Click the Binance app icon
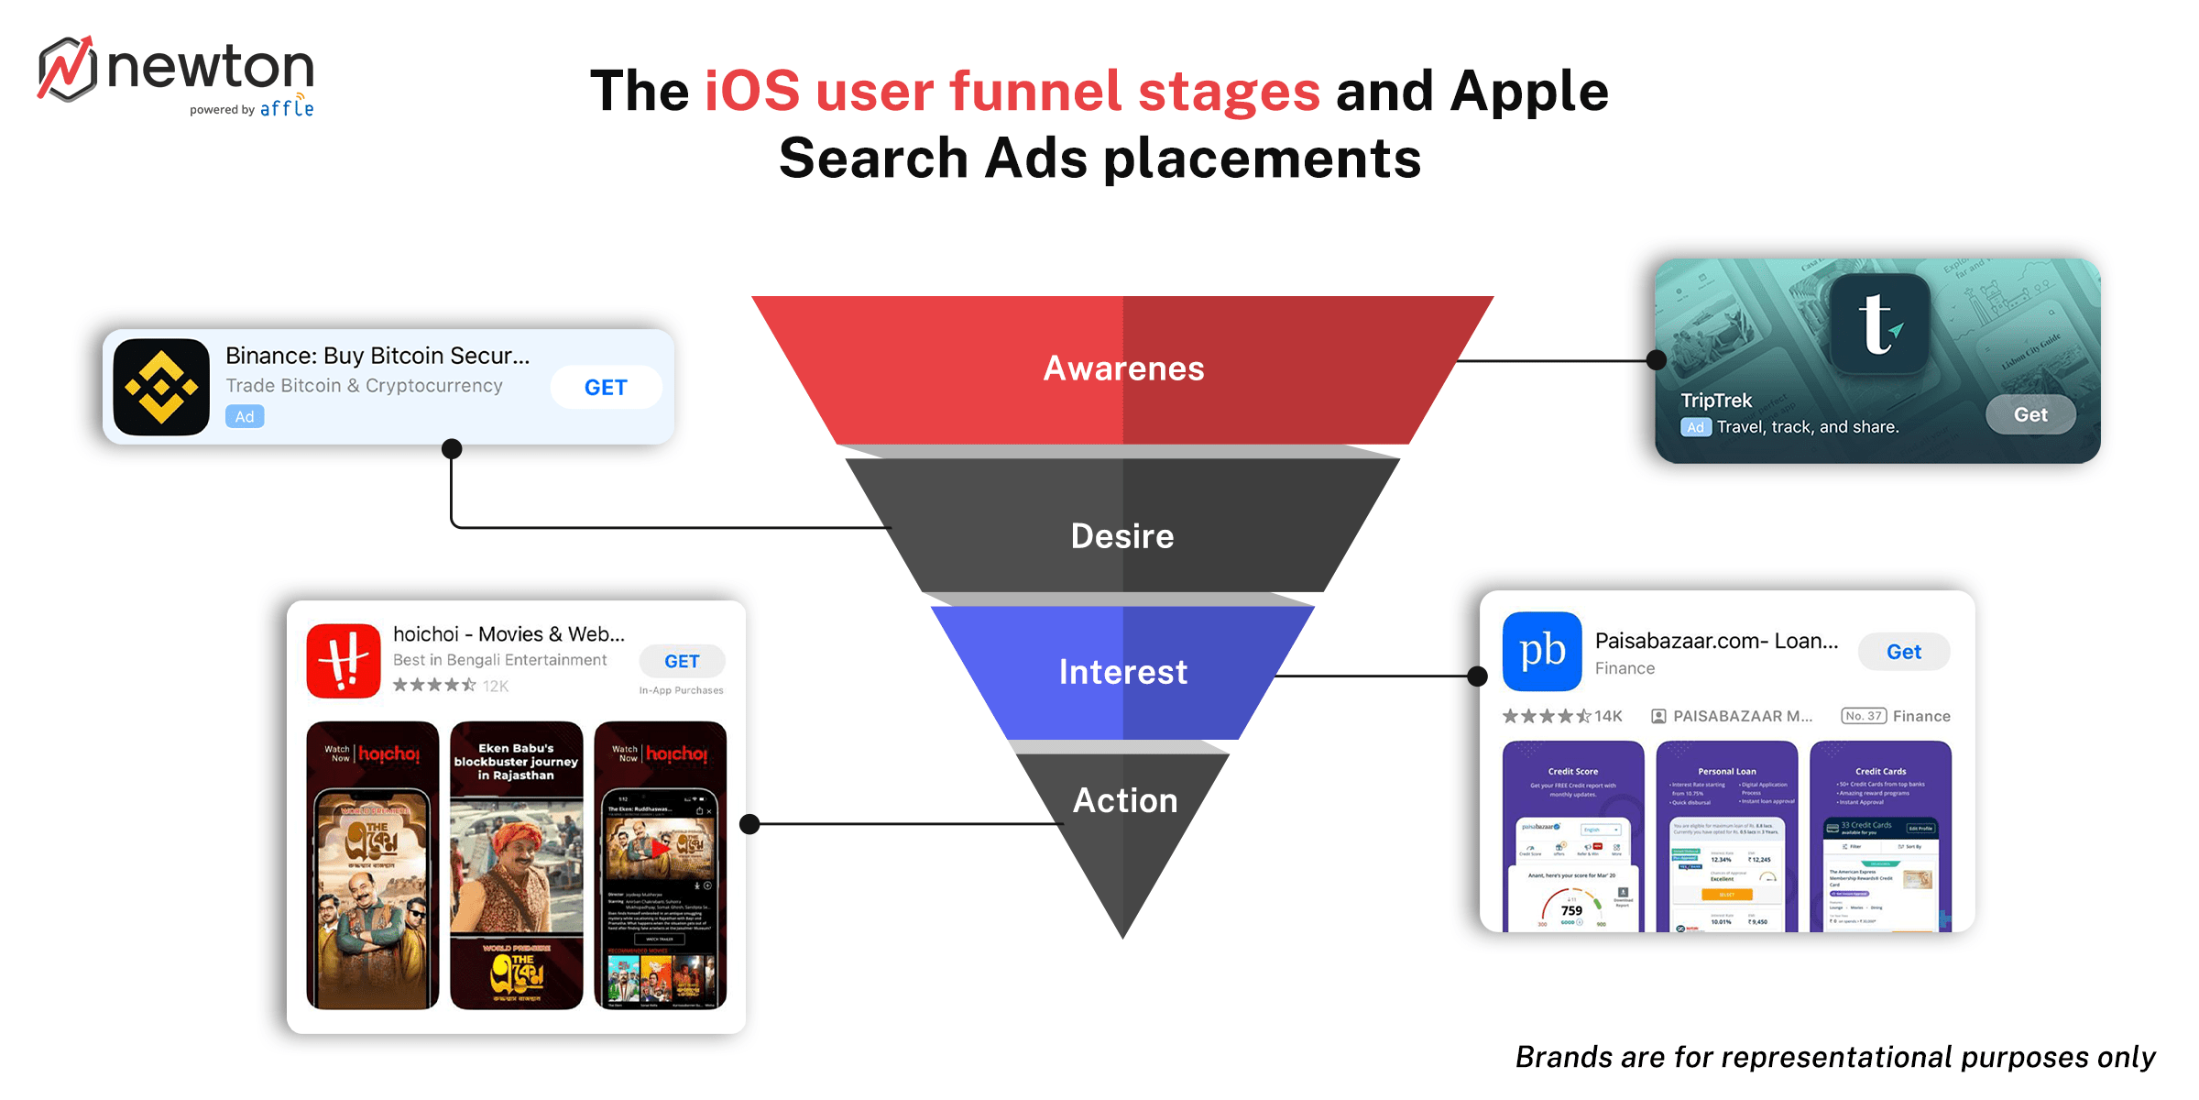pos(161,387)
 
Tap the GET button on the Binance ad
pos(606,388)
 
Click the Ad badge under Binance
pos(245,417)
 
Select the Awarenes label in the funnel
pos(1123,368)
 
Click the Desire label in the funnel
pos(1122,536)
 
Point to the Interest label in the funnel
pos(1123,672)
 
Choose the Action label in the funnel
pos(1125,800)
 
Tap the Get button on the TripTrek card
pos(2030,414)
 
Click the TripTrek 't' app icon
pos(1879,324)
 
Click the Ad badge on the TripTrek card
pos(1695,427)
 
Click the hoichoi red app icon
pos(344,661)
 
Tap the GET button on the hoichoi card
pos(682,661)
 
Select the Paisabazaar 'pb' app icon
pos(1542,651)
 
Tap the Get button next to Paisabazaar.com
pos(1904,652)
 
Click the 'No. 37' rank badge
pos(1863,716)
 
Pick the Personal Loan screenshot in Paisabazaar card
pos(1727,836)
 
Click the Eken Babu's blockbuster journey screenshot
pos(516,864)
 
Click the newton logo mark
pos(67,69)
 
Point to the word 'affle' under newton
pos(286,109)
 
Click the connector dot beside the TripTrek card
pos(1657,360)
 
